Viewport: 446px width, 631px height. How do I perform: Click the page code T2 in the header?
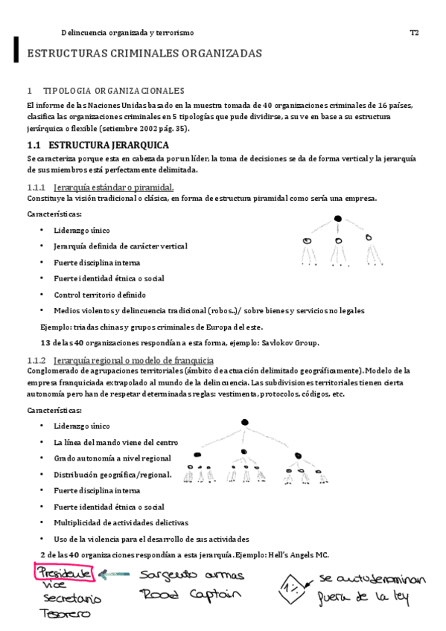(x=414, y=33)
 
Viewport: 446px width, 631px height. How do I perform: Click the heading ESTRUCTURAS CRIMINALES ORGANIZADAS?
(x=144, y=54)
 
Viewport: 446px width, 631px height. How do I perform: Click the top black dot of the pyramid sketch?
(x=337, y=218)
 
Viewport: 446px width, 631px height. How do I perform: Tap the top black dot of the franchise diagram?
(x=244, y=423)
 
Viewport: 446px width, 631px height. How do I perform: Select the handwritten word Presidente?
(x=66, y=574)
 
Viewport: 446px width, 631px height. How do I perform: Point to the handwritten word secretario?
(x=72, y=599)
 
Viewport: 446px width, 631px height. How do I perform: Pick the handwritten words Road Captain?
(x=190, y=595)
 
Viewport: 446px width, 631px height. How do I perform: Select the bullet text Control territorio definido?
(x=100, y=295)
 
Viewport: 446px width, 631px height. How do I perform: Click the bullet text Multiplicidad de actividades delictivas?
(x=121, y=522)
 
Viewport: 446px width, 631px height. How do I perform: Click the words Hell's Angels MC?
(x=296, y=555)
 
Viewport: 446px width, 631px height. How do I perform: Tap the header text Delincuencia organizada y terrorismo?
(x=127, y=33)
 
